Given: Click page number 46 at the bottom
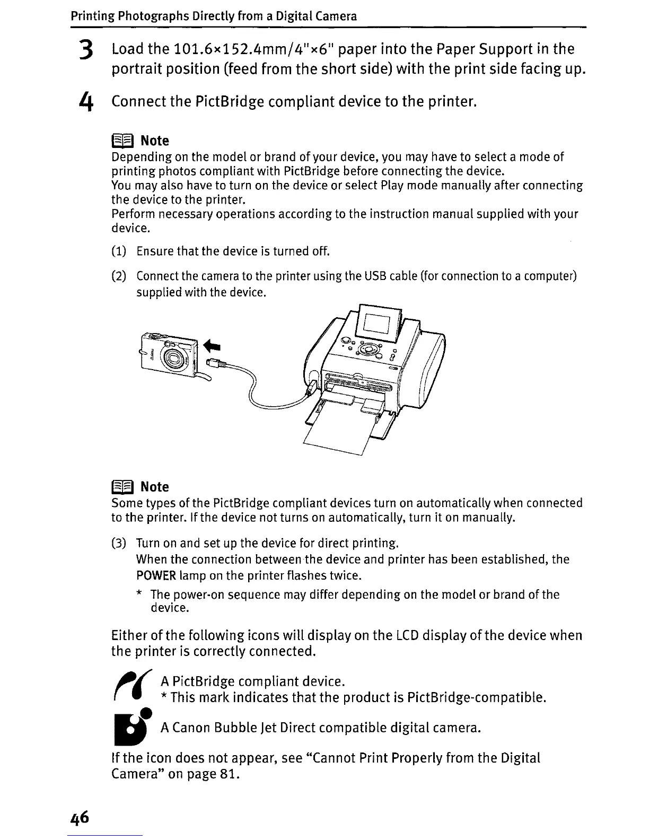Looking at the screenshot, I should (80, 817).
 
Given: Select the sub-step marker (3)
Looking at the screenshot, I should (119, 544).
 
